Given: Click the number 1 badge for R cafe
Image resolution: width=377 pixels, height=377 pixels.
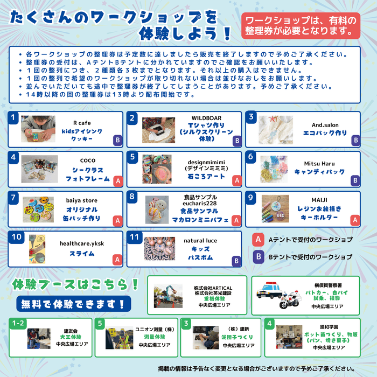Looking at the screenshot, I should (x=15, y=117).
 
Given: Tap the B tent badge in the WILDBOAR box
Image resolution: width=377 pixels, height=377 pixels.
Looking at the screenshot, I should (x=236, y=141).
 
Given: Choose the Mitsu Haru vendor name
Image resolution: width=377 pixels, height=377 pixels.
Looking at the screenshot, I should (x=320, y=163).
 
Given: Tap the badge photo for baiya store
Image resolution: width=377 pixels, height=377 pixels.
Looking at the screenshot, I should (x=38, y=209).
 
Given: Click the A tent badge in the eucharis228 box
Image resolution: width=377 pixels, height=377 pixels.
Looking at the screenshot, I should (x=236, y=220).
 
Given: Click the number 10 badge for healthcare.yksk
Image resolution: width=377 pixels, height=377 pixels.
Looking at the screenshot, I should (x=17, y=236).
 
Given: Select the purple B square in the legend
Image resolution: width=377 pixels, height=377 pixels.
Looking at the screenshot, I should (x=259, y=257).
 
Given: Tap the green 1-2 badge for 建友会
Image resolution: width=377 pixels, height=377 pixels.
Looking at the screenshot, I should (x=18, y=323).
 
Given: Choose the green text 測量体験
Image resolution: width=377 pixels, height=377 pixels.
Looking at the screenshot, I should (x=146, y=337).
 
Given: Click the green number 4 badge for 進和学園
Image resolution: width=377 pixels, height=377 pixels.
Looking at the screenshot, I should (x=270, y=323).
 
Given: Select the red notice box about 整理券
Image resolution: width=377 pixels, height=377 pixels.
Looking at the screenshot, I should (x=300, y=25).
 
